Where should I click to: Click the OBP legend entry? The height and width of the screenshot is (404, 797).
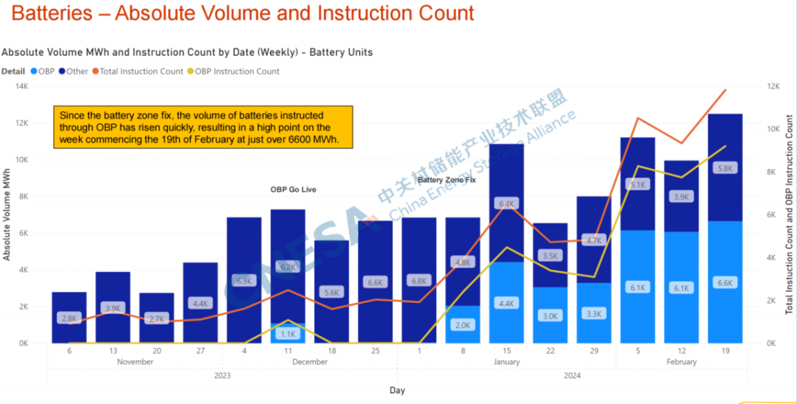pos(46,72)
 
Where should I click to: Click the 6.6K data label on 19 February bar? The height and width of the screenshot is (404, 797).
pos(725,283)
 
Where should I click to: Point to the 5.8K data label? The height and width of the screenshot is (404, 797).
pos(725,168)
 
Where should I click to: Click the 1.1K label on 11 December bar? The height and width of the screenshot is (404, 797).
pos(288,334)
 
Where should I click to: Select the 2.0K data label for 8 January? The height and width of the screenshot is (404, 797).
pos(463,325)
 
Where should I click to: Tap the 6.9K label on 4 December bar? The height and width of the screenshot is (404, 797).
pos(244,281)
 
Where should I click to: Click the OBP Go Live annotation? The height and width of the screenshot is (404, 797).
pos(293,189)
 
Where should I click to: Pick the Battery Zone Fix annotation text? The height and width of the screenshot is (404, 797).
pos(446,179)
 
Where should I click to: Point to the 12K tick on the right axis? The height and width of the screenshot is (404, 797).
pos(773,86)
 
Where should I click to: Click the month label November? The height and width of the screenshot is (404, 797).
pos(135,362)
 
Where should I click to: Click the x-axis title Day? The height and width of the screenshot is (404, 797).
pos(397,390)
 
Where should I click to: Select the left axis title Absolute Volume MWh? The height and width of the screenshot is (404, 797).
pos(7,214)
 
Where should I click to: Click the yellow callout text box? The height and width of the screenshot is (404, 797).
pos(203,128)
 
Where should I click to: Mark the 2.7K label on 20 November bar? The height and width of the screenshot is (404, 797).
pos(156,318)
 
